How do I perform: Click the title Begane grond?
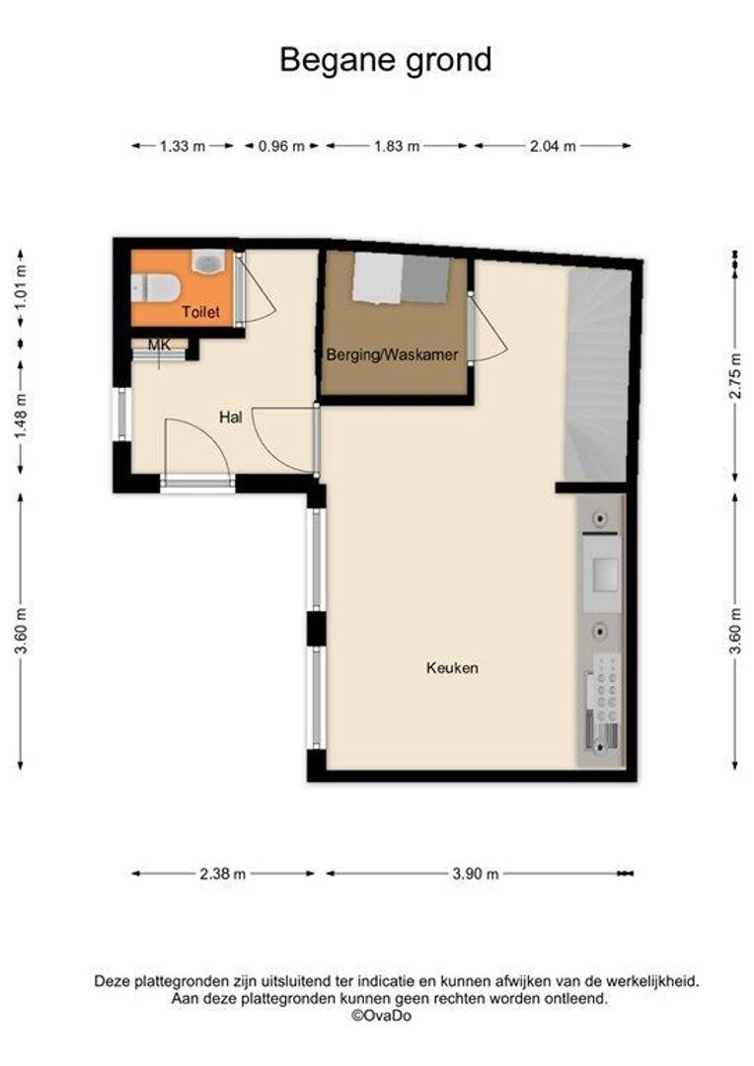[x=386, y=61]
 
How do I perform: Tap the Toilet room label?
[x=200, y=312]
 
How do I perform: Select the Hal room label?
[x=231, y=417]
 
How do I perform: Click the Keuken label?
[x=452, y=667]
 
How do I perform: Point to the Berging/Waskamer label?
[x=393, y=354]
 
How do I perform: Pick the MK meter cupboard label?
[x=160, y=345]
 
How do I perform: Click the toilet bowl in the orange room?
[x=155, y=287]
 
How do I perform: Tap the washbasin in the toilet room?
[x=208, y=262]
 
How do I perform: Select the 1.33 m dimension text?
[x=183, y=145]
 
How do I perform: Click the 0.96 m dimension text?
[x=281, y=145]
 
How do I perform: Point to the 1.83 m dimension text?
[x=397, y=145]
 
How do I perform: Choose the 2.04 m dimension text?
[x=553, y=145]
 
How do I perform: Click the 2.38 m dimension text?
[x=223, y=874]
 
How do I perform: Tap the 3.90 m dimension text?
[x=476, y=874]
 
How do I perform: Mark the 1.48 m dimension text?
[x=21, y=417]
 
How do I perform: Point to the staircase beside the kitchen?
[x=596, y=375]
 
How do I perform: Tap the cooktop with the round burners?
[x=605, y=688]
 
